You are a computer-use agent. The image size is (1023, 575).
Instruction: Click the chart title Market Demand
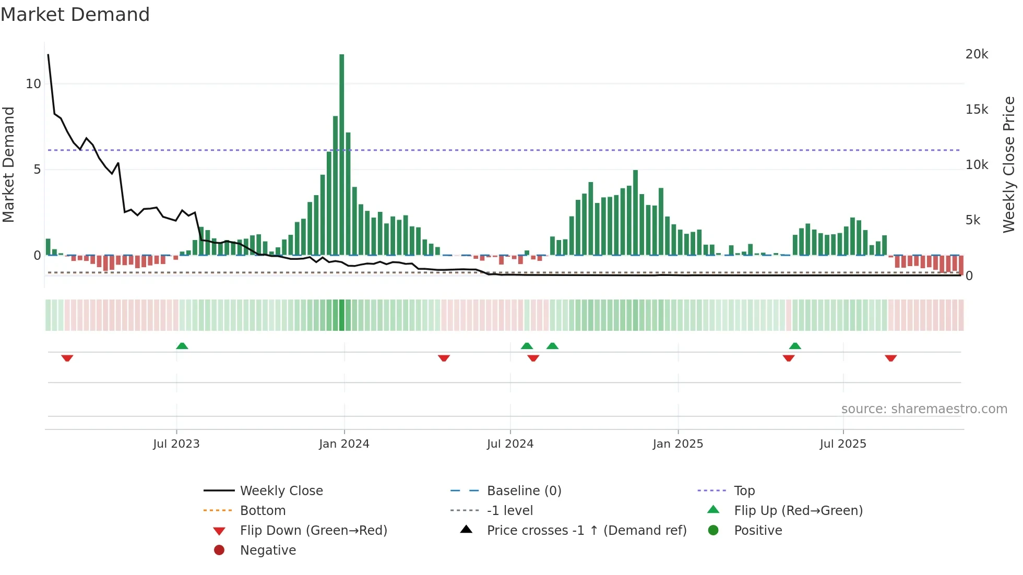75,15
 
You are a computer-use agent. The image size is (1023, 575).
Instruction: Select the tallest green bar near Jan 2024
342,157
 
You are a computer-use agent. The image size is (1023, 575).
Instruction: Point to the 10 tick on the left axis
33,84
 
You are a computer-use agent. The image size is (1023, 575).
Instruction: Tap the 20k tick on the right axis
977,54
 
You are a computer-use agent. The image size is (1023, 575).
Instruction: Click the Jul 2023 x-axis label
176,444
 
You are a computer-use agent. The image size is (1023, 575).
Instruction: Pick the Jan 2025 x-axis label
678,444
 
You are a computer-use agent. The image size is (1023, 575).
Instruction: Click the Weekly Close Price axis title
1009,164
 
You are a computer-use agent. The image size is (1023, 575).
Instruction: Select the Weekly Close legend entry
281,491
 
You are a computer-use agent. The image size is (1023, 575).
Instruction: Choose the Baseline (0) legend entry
524,491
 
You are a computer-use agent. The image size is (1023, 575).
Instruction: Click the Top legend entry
744,491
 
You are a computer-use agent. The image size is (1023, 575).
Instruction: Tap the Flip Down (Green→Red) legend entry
313,531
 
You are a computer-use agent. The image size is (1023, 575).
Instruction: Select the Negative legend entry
268,550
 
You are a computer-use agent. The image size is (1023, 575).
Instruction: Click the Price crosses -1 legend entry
586,531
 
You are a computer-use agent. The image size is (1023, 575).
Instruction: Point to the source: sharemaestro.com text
924,409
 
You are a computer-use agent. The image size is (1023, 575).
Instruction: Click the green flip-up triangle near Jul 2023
182,346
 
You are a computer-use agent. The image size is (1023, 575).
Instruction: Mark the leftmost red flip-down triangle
67,358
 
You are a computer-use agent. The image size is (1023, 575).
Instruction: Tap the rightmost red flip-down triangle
890,358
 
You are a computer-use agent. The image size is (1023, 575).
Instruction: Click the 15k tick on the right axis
977,110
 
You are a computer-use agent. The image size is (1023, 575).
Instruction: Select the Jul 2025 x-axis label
843,444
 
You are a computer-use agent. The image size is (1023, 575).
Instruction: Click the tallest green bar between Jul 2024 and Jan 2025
635,214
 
